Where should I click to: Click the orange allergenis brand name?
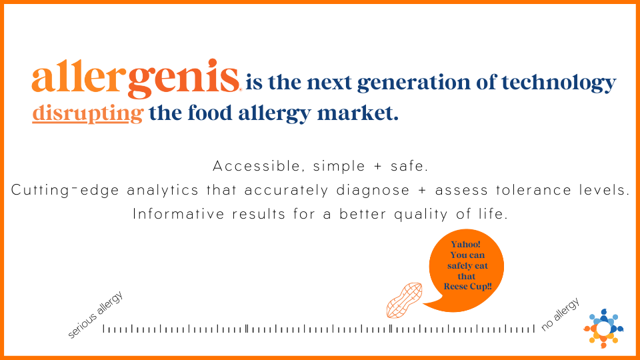pos(135,79)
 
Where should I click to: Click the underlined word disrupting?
pos(88,113)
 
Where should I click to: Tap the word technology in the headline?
pos(559,83)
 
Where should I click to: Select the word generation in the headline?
pos(413,83)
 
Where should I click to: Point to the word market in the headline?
pos(357,113)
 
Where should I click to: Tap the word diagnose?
pos(373,191)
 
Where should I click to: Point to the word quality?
pos(421,215)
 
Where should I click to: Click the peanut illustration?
pos(404,300)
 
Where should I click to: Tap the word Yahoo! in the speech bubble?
pos(466,244)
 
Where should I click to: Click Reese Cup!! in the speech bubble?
pos(468,287)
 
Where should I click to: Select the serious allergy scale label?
pos(95,315)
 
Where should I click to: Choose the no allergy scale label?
pos(560,314)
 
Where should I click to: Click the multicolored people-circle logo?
pos(604,329)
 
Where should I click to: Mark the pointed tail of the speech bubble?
pos(423,304)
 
